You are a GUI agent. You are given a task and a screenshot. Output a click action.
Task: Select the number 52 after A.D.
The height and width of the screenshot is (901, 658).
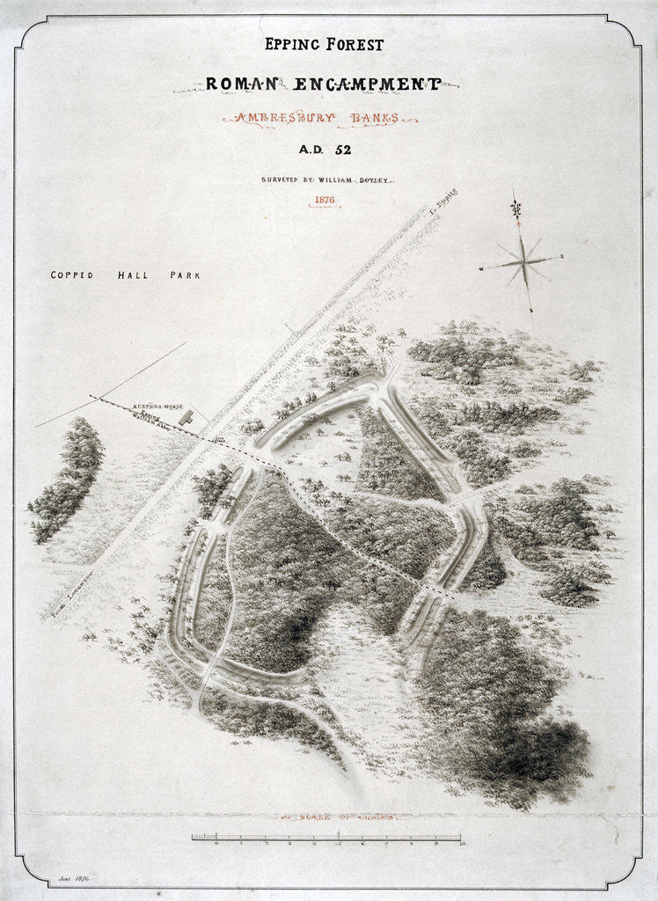click(341, 150)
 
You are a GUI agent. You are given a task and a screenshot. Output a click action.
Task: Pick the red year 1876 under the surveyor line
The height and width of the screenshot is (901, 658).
click(325, 201)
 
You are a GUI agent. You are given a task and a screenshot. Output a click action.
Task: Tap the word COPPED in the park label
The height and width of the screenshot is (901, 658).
click(73, 275)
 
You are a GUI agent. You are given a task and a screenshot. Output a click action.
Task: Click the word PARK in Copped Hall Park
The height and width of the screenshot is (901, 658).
click(185, 275)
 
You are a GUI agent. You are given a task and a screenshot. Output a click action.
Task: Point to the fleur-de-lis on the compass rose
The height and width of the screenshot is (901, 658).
click(516, 210)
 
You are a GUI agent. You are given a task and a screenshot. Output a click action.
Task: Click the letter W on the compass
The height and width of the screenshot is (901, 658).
click(482, 267)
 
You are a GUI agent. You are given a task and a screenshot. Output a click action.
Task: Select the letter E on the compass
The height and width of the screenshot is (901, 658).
click(560, 258)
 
